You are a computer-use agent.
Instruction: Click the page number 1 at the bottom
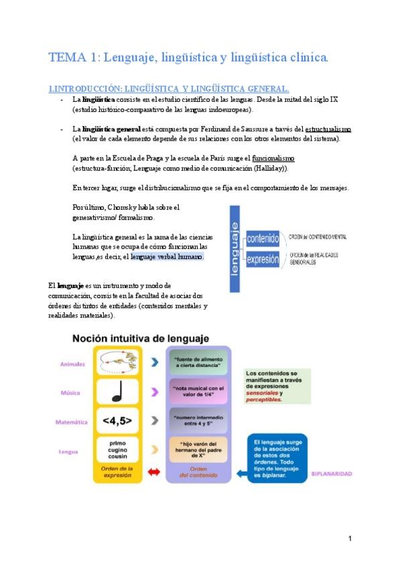(350, 539)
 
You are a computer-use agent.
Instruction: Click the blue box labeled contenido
(262, 238)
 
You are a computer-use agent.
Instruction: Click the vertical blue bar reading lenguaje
(235, 248)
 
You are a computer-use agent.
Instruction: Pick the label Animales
(72, 364)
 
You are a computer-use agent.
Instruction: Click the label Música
(70, 393)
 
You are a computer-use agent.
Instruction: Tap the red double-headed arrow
(153, 472)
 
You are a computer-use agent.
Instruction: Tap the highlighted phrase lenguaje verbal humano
(167, 257)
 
